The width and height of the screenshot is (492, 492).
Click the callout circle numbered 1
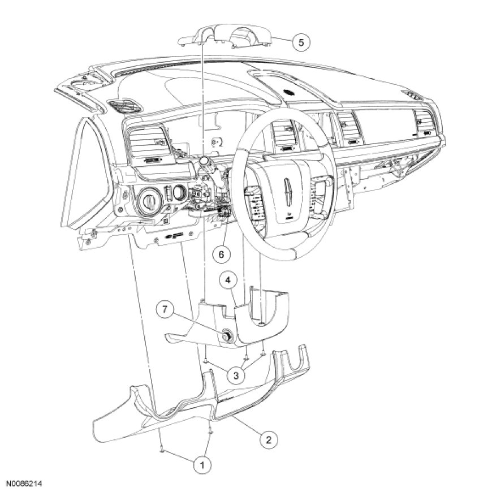point(199,465)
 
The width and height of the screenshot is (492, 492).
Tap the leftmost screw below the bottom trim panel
point(162,451)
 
